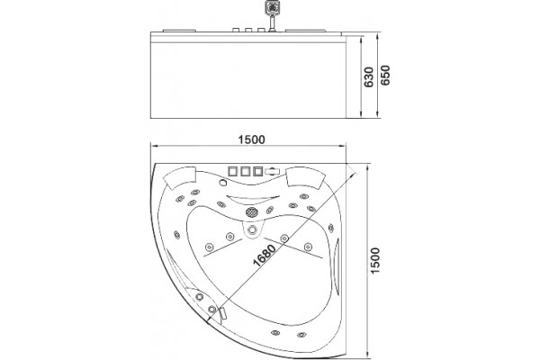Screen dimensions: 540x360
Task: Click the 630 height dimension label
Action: coord(368,76)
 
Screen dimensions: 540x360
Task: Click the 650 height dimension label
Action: coord(385,75)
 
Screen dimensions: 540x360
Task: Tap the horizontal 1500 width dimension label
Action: coord(252,139)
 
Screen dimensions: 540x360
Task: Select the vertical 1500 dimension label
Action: coord(375,260)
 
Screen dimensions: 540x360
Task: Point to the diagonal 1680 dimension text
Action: coord(265,256)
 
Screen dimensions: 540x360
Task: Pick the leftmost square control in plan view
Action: coord(233,171)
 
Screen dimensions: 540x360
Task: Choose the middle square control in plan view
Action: coord(246,171)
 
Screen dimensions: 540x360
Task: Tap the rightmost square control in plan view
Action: coord(258,171)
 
